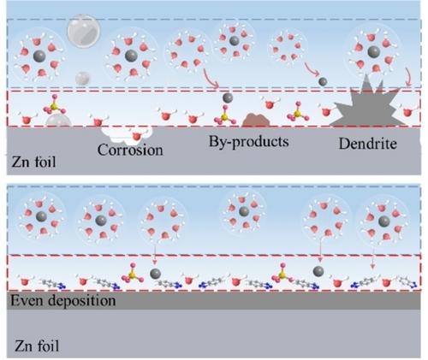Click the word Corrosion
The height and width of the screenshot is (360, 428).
pos(130,150)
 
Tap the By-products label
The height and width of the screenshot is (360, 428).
pos(249,142)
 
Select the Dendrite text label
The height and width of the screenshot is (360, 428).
pos(368,144)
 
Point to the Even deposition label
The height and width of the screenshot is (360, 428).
pos(63,301)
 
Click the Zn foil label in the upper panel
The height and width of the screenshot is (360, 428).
pos(33,162)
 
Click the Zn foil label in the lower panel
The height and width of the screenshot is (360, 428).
pos(37,346)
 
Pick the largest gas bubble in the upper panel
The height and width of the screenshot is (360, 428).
pos(84,32)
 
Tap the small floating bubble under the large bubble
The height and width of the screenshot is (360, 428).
pos(83,79)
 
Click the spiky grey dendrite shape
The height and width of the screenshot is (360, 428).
pos(368,105)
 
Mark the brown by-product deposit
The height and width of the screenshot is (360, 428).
pos(256,120)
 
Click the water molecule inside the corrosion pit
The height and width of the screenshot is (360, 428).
pos(137,136)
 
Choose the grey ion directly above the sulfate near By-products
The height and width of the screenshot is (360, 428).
pos(228,97)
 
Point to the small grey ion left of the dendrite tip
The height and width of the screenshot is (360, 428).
pos(323,82)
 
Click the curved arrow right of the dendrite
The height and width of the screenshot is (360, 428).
pos(408,77)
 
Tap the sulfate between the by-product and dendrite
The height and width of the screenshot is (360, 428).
pos(298,111)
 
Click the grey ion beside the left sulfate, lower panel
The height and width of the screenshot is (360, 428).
pos(156,274)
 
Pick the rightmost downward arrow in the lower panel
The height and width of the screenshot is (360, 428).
pos(372,256)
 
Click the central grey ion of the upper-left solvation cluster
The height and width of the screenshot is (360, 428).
pos(39,56)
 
